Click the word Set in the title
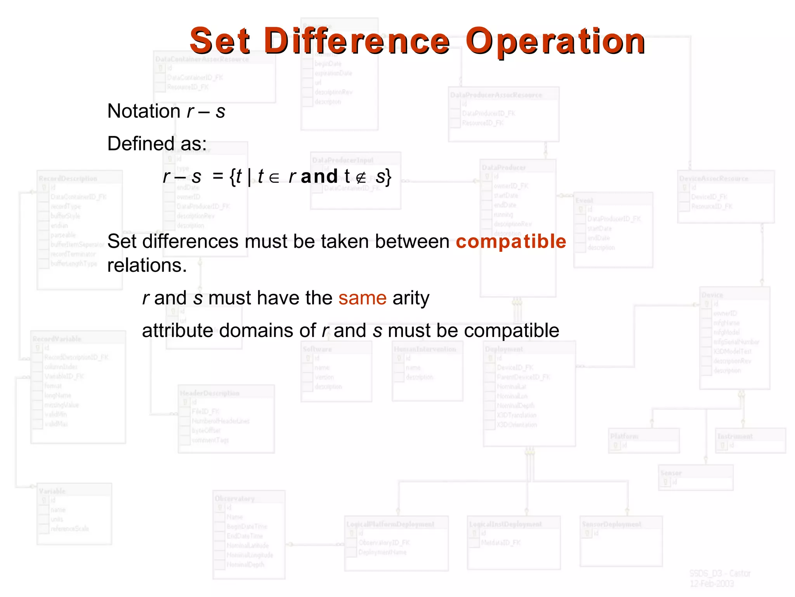[220, 41]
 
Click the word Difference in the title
[357, 41]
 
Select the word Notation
[144, 111]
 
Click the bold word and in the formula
[319, 176]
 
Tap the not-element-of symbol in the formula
[361, 178]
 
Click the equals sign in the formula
[218, 177]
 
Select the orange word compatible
[511, 241]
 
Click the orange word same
[362, 298]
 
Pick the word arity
[411, 298]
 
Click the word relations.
[147, 266]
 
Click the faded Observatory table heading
[234, 498]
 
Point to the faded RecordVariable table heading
[57, 339]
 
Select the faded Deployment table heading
[504, 349]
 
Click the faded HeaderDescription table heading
[210, 393]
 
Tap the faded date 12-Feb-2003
[712, 583]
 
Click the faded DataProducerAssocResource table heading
[496, 95]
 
